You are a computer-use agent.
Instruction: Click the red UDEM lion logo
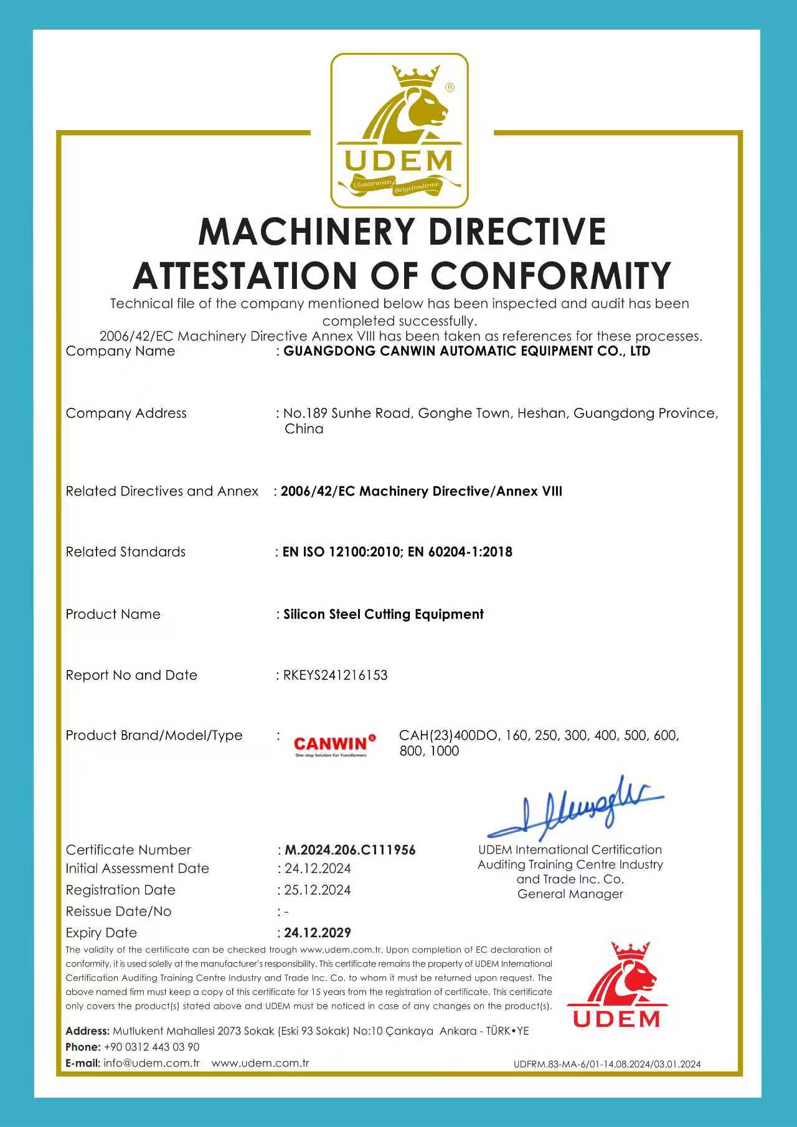[616, 985]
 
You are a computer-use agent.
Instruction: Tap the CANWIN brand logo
[334, 744]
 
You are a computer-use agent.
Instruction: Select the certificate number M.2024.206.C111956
[350, 850]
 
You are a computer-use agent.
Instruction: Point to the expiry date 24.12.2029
[318, 933]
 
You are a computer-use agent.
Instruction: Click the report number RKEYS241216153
[335, 675]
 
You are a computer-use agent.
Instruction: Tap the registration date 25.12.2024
[318, 890]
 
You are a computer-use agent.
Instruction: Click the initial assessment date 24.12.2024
[318, 869]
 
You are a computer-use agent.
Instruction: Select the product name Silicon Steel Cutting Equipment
[384, 615]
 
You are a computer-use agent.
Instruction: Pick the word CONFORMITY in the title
[551, 275]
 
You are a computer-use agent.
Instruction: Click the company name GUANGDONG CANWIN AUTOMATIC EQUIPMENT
[467, 351]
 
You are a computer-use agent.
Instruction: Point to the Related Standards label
[126, 552]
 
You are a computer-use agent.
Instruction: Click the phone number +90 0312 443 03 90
[151, 1047]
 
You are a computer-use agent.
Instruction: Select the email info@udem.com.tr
[151, 1063]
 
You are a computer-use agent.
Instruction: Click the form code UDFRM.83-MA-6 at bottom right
[606, 1064]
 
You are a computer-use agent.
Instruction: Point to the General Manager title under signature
[570, 894]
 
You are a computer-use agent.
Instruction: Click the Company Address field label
[126, 413]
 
